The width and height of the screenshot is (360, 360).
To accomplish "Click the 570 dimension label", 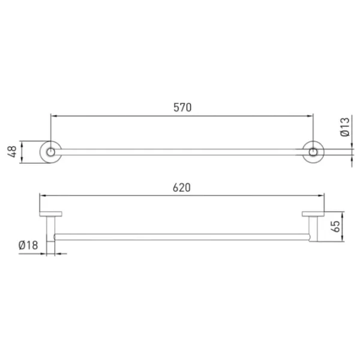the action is tap(182, 107).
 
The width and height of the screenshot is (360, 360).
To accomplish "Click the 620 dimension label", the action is tap(182, 188).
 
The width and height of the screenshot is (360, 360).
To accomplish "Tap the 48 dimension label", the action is tap(12, 152).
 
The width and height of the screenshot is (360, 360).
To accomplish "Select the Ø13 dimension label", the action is tap(345, 127).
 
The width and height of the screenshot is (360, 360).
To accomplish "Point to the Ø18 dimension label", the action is tap(28, 245).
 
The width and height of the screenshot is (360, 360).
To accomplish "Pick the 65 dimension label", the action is tap(335, 226).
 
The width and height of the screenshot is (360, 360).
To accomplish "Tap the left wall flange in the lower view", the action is tap(50, 214).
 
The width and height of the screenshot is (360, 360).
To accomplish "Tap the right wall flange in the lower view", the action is tap(313, 214).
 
